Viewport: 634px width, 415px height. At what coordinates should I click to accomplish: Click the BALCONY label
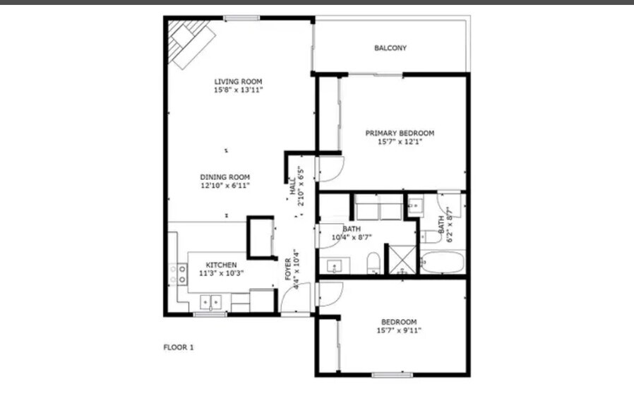click(390, 48)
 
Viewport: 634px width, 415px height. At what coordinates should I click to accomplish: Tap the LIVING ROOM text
click(238, 82)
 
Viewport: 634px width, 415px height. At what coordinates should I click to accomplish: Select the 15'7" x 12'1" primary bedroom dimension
click(399, 142)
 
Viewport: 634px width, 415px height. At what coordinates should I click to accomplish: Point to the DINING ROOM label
click(225, 177)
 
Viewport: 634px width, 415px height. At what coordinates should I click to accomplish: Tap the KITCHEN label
click(221, 265)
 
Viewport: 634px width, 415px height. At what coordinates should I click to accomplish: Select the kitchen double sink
click(211, 302)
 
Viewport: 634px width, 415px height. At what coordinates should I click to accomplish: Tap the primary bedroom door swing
click(329, 169)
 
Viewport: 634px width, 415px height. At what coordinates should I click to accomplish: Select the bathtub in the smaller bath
click(443, 263)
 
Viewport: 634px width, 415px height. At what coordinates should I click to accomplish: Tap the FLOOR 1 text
click(178, 347)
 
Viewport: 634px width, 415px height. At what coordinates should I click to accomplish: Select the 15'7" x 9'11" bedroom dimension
click(399, 330)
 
